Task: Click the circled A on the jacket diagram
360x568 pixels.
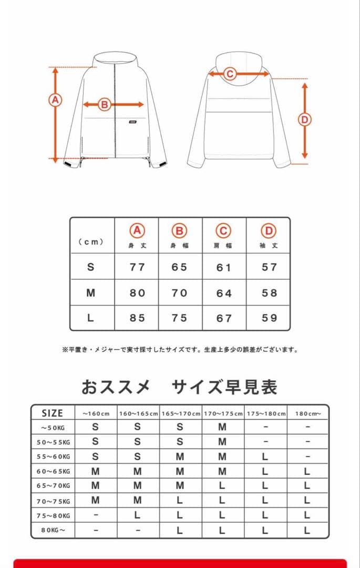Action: click(x=55, y=99)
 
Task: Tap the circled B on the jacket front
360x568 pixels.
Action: click(x=104, y=105)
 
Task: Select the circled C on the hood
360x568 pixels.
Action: click(x=229, y=74)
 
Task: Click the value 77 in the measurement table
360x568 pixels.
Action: click(x=137, y=267)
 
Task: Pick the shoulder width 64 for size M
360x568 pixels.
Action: click(x=224, y=293)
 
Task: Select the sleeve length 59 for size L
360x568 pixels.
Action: click(x=269, y=318)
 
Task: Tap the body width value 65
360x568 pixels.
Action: click(x=179, y=267)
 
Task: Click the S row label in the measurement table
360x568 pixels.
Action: click(x=91, y=267)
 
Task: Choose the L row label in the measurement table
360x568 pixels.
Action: click(x=91, y=318)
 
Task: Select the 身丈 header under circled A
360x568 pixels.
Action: click(x=137, y=246)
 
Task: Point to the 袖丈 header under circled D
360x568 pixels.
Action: click(x=269, y=246)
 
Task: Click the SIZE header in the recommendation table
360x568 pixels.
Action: click(x=52, y=413)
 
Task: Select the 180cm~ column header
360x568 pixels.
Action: click(x=307, y=414)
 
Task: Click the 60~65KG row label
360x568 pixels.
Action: click(x=52, y=472)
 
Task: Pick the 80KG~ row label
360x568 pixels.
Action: click(x=52, y=530)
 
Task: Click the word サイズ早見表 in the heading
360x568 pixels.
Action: click(x=224, y=387)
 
